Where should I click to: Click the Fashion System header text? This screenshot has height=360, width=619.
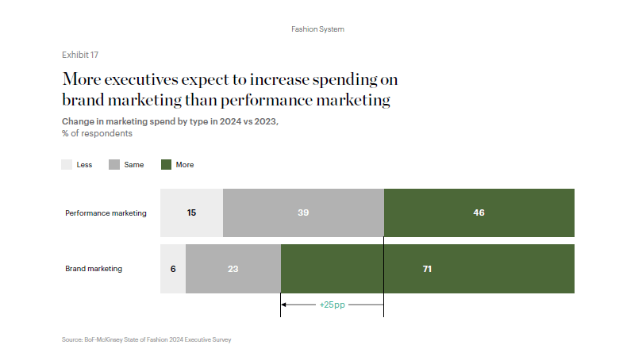[x=317, y=29]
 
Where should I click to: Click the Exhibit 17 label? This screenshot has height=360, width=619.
[x=80, y=55]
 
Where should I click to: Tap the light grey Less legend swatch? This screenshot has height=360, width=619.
[x=67, y=165]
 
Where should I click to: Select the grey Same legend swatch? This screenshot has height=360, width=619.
[x=114, y=165]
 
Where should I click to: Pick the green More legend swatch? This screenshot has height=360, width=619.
[x=166, y=165]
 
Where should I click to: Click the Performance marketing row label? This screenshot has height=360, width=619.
[x=106, y=213]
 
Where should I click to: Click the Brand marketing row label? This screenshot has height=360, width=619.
[x=94, y=269]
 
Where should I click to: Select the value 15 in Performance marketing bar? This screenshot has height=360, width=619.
[x=192, y=213]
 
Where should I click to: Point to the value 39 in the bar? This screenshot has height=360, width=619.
[x=302, y=213]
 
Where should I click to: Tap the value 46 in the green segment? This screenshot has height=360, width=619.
[x=479, y=213]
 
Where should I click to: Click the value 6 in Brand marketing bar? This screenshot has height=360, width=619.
[x=173, y=269]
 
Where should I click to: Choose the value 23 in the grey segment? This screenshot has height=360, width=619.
[x=233, y=269]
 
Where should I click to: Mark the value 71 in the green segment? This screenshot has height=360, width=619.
[x=427, y=269]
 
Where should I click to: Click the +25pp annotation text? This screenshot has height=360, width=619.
[x=332, y=304]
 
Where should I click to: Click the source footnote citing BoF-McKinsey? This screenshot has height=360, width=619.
[x=146, y=339]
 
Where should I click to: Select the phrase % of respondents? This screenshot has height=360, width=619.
[x=97, y=133]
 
